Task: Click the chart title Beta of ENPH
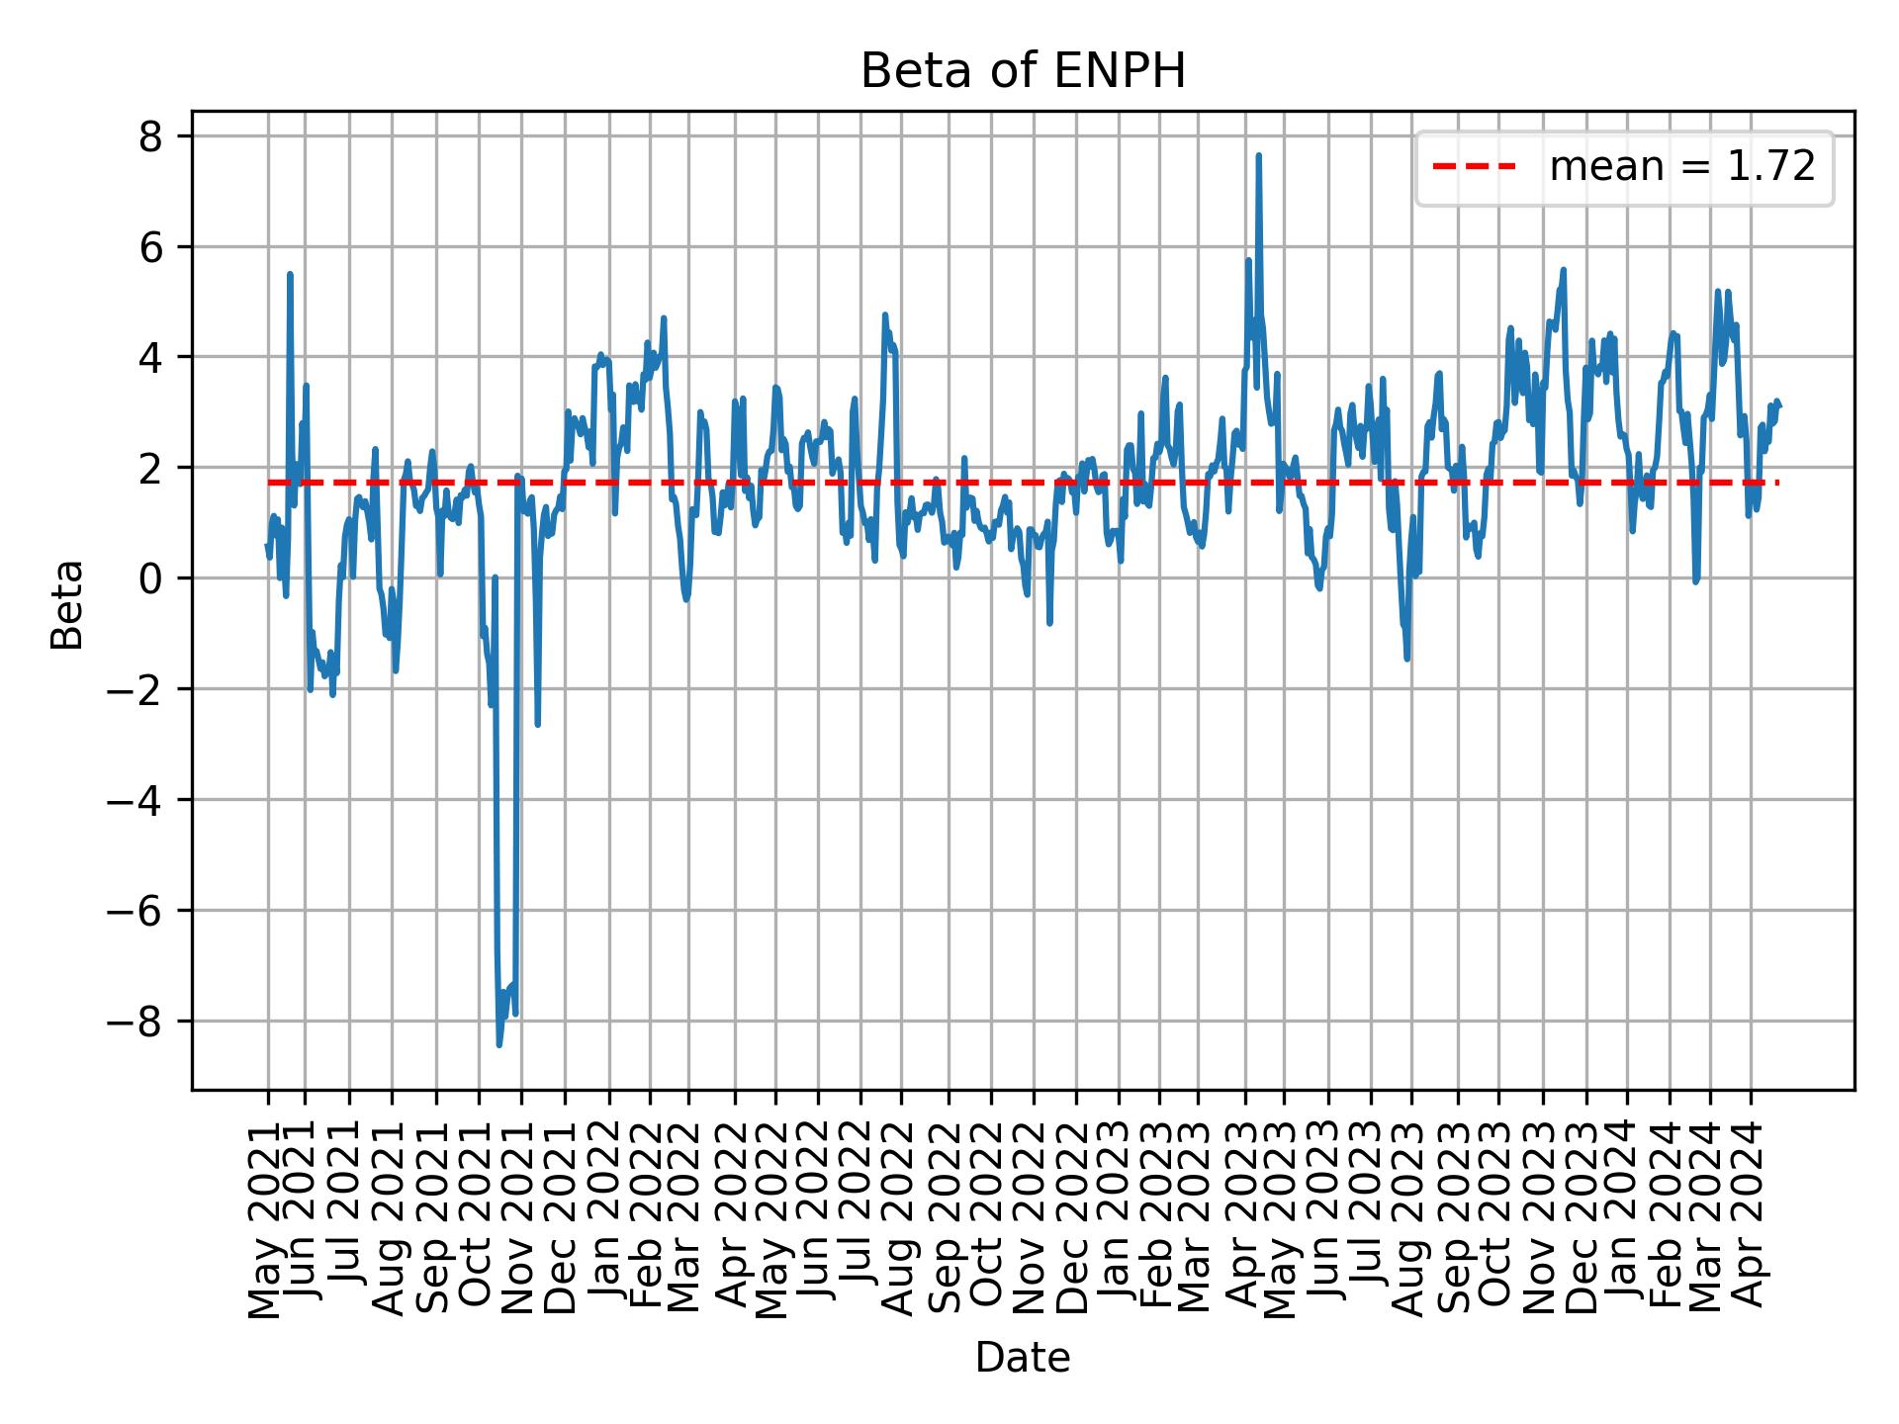tap(1022, 72)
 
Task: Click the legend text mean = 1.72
tap(1681, 168)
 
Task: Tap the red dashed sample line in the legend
tap(1474, 168)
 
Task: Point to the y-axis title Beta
tap(67, 604)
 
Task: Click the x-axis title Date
tap(1022, 1358)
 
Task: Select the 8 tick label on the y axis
tap(149, 136)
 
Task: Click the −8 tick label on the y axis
tap(137, 1021)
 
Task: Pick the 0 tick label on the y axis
tap(149, 578)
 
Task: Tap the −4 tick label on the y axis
tap(137, 799)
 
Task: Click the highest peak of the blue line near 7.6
tap(1258, 156)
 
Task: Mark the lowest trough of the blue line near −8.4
tap(498, 1044)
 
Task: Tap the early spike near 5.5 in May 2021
tap(290, 275)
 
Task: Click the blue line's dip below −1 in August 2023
tap(1406, 658)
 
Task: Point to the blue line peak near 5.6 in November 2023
tap(1563, 270)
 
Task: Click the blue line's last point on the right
tap(1779, 405)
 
